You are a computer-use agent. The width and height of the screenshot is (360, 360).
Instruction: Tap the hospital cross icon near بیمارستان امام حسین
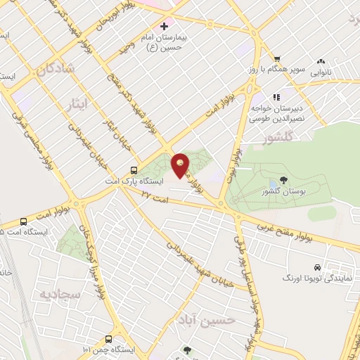(164, 26)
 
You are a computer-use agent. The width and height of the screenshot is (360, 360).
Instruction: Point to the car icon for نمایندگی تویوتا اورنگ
(318, 267)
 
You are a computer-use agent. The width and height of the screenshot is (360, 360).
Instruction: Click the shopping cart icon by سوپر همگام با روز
(277, 59)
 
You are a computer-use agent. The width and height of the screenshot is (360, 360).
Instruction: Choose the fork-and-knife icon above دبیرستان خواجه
(277, 97)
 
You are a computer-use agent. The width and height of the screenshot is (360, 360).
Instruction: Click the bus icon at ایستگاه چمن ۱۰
(108, 337)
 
